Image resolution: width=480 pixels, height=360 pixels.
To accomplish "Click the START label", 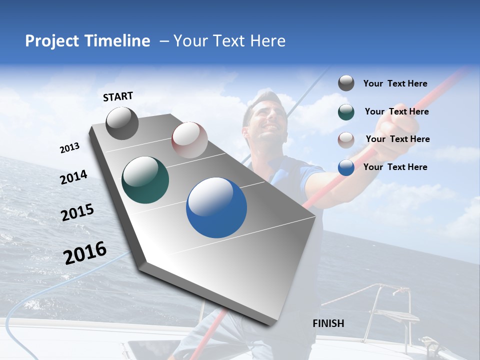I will coord(118,96).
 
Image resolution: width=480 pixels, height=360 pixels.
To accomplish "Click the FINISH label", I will coord(328,323).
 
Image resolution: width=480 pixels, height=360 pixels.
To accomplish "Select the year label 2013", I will coord(69,148).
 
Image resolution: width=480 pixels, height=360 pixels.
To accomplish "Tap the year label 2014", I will coord(73,177).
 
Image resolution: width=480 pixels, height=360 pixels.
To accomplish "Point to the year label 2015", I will coord(77,212).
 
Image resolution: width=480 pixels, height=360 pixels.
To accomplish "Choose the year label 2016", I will coord(85,253).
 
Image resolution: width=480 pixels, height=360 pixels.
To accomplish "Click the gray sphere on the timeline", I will coord(122,123).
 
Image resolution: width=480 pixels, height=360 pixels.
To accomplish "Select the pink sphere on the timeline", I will coord(189,140).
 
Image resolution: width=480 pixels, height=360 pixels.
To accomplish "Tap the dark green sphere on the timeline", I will coord(145,180).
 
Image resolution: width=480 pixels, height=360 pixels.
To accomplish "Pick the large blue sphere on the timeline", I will coord(216,207).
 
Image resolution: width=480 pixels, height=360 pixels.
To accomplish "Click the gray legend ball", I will coord(346,83).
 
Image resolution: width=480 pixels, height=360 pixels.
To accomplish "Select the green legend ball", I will coord(346,112).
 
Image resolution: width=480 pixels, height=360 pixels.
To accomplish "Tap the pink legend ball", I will coord(346,140).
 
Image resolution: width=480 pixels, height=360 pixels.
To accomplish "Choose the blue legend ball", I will coord(346,167).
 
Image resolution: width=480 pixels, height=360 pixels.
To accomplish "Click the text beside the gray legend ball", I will coord(395,83).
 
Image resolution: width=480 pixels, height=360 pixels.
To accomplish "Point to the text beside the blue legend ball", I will coord(395,167).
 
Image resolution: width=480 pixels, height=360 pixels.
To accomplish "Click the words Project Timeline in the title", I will coord(87,41).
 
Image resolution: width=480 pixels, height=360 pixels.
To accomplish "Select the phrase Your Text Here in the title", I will coord(229,41).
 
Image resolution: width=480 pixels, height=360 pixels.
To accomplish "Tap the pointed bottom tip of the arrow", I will coord(272,324).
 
